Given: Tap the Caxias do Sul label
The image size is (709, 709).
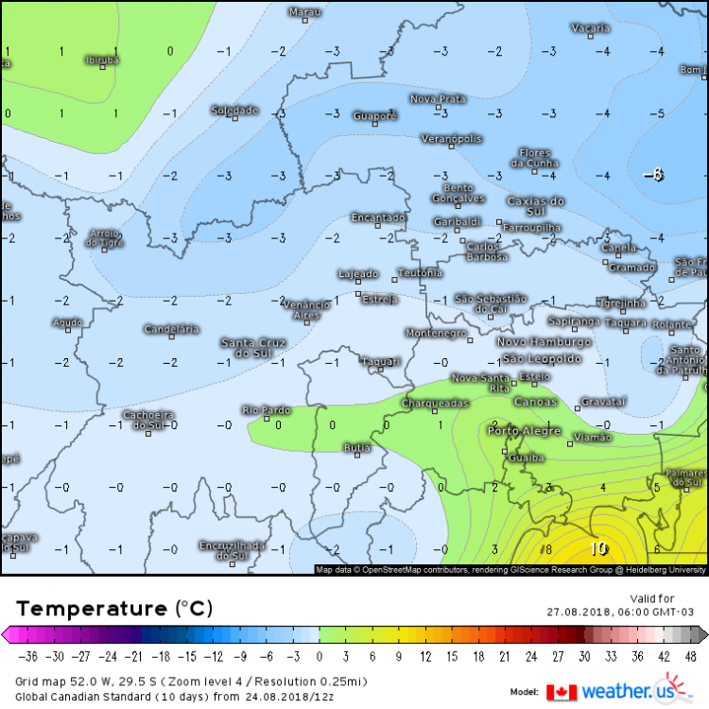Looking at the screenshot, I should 535,207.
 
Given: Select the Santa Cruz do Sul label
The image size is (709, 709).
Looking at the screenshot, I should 252,347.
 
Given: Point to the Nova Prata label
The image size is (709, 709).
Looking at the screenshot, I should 438,98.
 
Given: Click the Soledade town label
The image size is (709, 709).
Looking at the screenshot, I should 233,110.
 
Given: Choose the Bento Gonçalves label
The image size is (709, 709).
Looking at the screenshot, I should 458,193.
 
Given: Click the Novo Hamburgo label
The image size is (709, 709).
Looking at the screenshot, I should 544,341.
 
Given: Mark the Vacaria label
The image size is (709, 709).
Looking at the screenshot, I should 591,28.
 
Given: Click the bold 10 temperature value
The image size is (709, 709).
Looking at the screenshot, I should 599,548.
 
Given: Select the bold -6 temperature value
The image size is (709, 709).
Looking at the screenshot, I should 653,175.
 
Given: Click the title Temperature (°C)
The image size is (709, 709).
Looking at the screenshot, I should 114,608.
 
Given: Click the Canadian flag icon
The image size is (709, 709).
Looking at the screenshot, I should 562,692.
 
